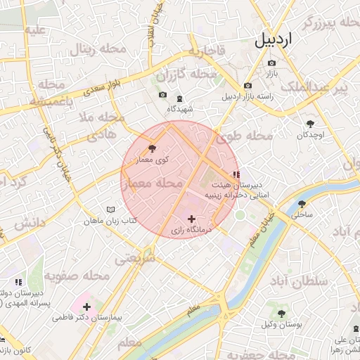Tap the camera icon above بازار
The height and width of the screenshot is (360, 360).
pyautogui.click(x=271, y=63)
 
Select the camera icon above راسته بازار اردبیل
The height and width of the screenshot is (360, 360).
pyautogui.click(x=247, y=86)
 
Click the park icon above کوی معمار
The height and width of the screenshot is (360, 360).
pyautogui.click(x=152, y=148)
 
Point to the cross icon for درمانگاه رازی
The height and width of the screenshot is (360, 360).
pyautogui.click(x=192, y=219)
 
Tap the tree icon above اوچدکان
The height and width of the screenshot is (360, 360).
pyautogui.click(x=309, y=124)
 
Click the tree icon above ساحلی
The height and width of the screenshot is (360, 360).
pyautogui.click(x=302, y=203)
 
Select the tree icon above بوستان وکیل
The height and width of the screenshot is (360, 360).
pyautogui.click(x=282, y=314)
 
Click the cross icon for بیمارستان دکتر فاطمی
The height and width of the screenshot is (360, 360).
pyautogui.click(x=86, y=307)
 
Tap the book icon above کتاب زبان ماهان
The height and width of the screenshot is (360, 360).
pyautogui.click(x=110, y=210)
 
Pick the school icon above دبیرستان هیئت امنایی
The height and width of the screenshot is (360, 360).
pyautogui.click(x=236, y=174)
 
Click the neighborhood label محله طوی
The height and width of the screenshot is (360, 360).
pyautogui.click(x=245, y=135)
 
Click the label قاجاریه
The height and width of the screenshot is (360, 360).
pyautogui.click(x=205, y=51)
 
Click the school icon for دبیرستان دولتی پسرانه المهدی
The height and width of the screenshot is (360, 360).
pyautogui.click(x=18, y=282)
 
